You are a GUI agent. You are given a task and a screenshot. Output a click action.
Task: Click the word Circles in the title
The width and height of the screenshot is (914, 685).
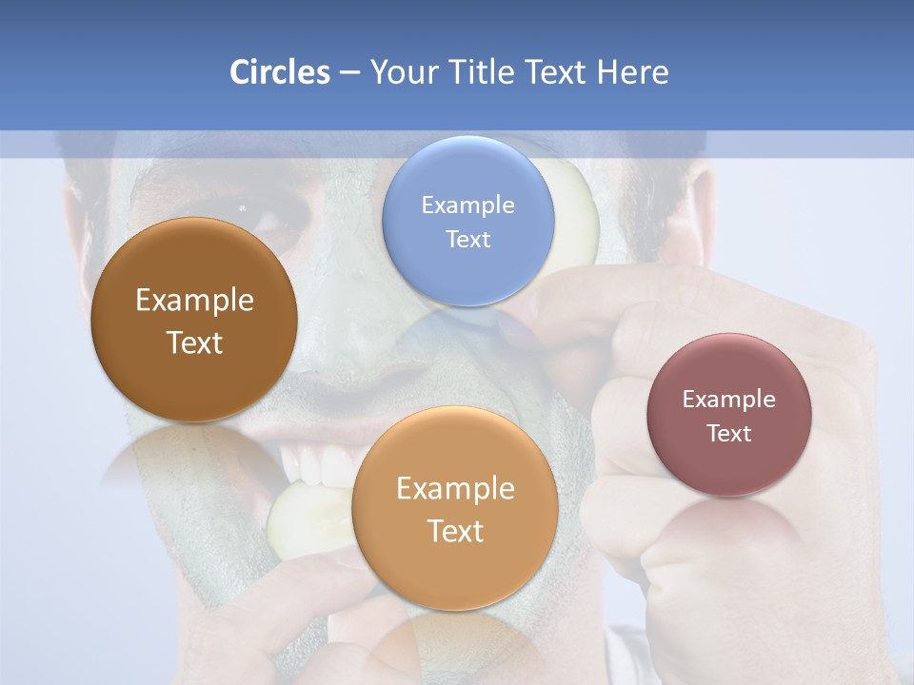[x=279, y=72]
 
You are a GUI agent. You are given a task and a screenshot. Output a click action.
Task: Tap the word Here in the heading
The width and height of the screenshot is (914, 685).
[x=632, y=72]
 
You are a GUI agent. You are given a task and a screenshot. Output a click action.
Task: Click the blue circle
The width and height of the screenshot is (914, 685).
[x=467, y=221]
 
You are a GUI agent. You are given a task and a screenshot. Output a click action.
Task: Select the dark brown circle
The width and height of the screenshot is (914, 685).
[x=194, y=320]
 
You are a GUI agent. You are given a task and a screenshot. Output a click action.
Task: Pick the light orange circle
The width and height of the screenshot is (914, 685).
[x=455, y=508]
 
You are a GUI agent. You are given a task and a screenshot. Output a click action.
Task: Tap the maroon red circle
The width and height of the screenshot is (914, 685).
[x=729, y=415]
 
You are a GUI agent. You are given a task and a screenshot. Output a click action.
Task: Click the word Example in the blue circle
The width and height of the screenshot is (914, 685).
[x=467, y=205]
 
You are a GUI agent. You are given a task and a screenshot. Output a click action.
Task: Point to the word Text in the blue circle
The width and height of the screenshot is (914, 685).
[x=467, y=239]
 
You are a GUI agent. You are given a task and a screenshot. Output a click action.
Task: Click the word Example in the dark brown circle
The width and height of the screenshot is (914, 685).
[x=194, y=301]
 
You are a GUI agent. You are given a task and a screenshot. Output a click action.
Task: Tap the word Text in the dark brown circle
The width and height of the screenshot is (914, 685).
[x=194, y=342]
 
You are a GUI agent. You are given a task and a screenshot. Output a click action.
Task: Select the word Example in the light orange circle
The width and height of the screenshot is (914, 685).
[x=455, y=489]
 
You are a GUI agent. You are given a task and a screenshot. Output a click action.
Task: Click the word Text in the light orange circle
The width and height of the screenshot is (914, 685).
[x=455, y=531]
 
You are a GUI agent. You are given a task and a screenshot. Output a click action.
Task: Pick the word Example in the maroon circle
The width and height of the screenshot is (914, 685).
[x=729, y=399]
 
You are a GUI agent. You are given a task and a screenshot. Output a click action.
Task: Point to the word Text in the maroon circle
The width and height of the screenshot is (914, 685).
[x=729, y=433]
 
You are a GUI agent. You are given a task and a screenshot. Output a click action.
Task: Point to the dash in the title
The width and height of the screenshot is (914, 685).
[x=349, y=73]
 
